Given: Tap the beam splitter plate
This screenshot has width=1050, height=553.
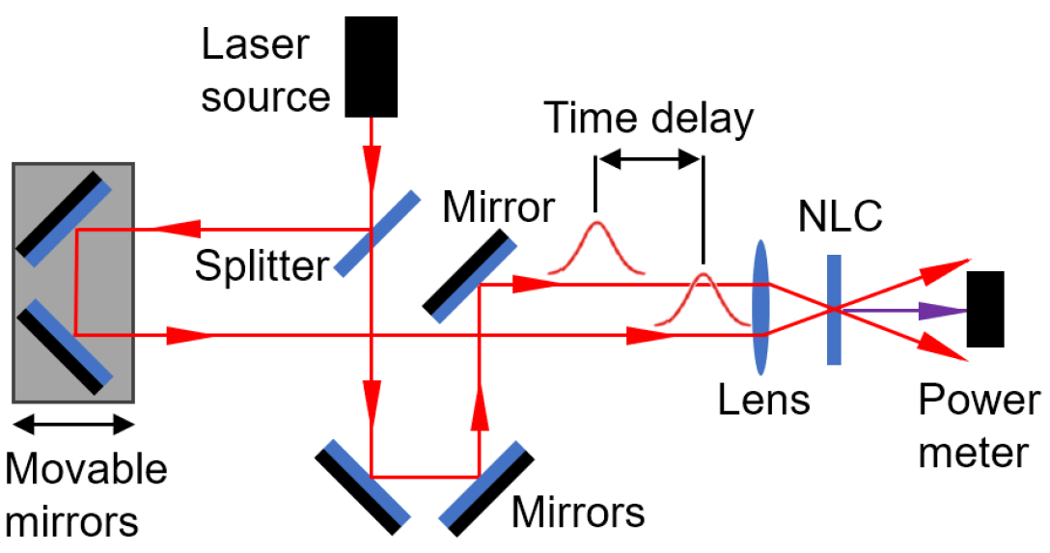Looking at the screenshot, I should point(377,234).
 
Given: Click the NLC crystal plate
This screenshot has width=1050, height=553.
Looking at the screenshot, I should point(834,309).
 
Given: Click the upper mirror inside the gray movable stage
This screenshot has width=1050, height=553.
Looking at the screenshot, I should point(61,217).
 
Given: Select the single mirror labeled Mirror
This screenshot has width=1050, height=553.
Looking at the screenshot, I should point(468,275).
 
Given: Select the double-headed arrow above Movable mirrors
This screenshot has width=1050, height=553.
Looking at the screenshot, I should point(72,425).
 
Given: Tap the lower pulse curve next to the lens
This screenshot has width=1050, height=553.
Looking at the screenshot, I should point(703,299).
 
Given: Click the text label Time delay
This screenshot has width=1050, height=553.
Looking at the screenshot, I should point(649,119).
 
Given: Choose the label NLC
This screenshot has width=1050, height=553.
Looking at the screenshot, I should point(840,219).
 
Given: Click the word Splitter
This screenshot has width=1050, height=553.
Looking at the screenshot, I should point(262,265).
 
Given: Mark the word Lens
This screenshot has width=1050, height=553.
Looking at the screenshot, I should point(763,398).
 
